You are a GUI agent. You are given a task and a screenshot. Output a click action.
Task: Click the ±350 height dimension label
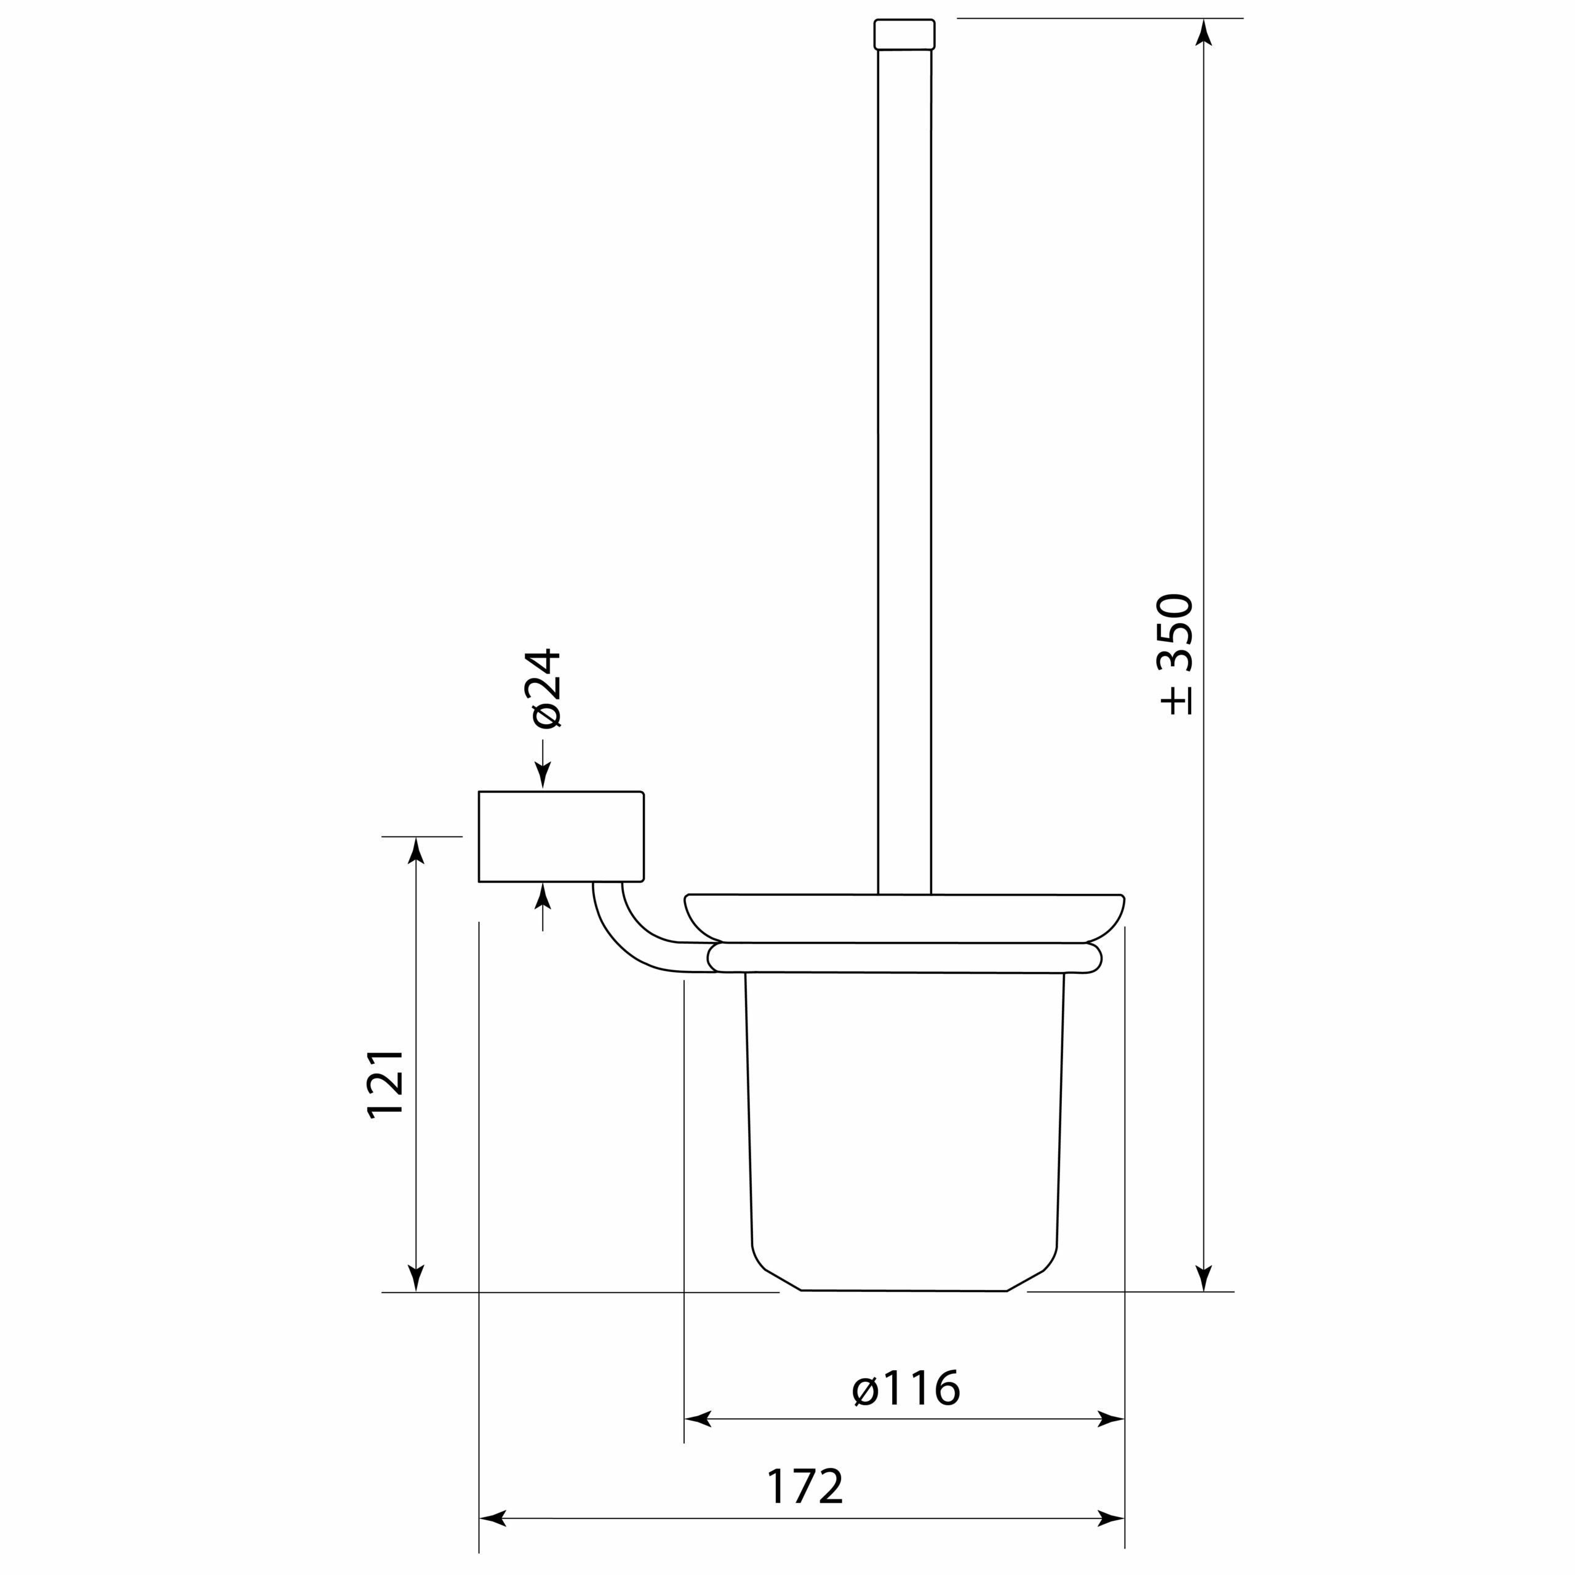1177,655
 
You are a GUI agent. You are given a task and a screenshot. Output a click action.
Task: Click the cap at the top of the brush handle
904,34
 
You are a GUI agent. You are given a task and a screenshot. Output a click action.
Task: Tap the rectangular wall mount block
561,837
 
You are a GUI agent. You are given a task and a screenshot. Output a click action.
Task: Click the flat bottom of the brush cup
904,1291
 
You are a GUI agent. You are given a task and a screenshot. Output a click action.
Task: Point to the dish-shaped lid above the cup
904,918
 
